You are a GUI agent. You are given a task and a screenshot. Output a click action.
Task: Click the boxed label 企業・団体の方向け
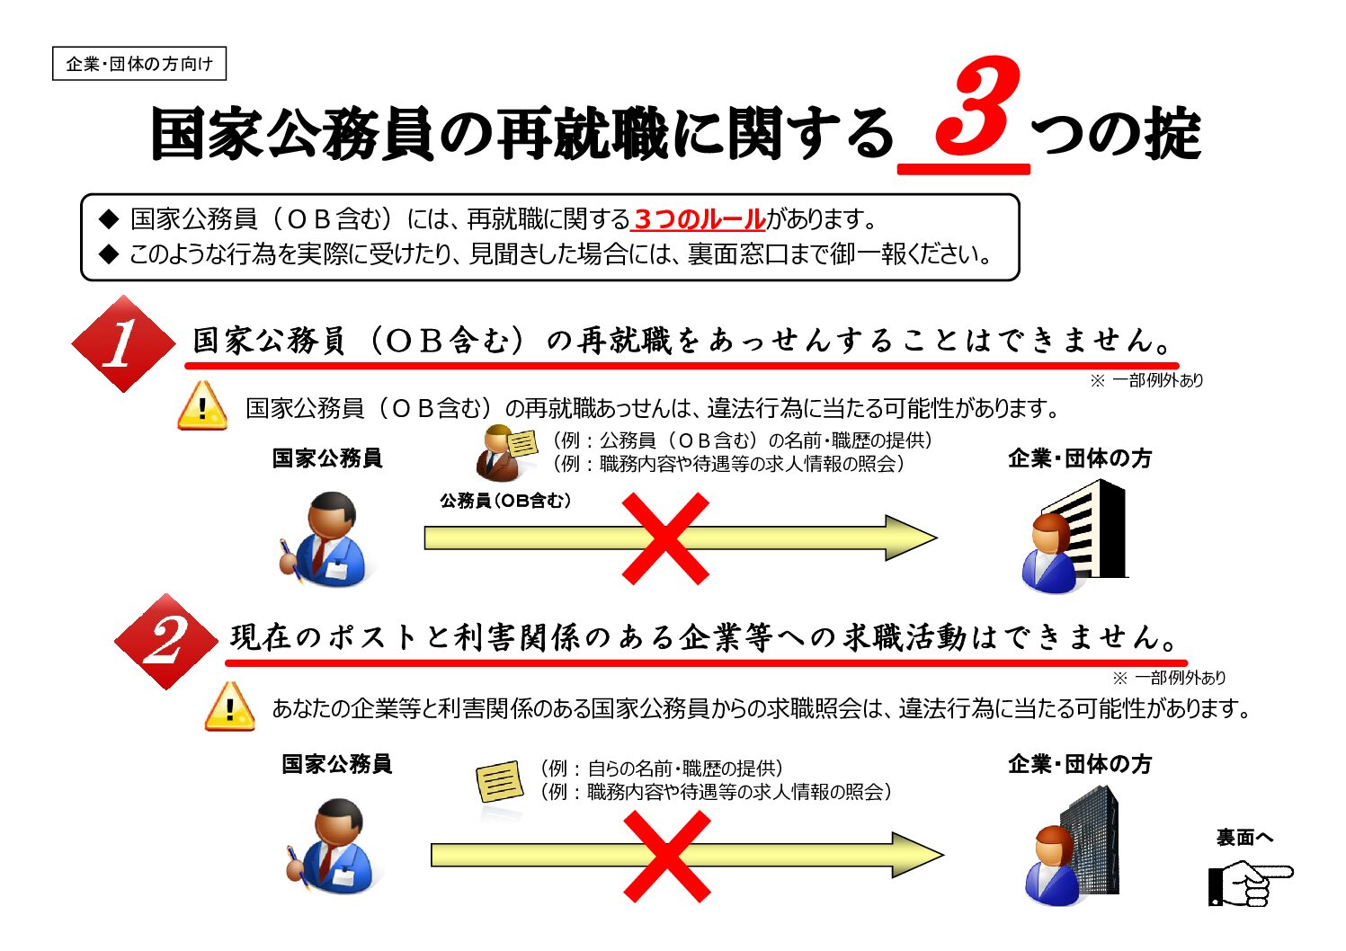click(138, 64)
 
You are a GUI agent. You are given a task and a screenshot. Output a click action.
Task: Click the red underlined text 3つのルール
click(699, 218)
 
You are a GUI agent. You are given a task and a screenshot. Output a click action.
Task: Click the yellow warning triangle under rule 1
click(202, 407)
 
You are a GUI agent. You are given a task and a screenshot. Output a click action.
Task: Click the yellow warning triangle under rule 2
click(229, 707)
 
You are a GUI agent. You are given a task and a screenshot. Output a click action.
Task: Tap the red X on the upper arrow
click(665, 538)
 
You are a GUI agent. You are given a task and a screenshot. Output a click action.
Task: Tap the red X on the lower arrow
click(666, 856)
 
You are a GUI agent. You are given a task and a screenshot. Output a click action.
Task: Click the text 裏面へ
click(1243, 838)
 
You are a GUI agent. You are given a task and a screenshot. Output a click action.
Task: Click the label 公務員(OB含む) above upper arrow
click(505, 501)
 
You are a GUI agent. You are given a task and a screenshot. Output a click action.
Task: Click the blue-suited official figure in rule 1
click(325, 539)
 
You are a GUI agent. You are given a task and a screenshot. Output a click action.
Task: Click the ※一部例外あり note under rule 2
click(1169, 678)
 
